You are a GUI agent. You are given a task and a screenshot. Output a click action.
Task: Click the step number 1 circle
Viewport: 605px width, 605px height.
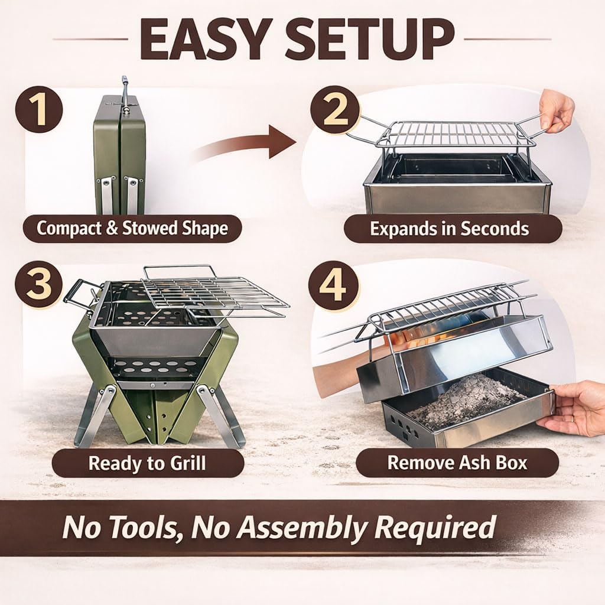[39, 110]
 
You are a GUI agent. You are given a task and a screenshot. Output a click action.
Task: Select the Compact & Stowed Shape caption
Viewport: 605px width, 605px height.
[132, 229]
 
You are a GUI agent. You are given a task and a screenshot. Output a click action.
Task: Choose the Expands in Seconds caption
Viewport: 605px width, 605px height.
[450, 229]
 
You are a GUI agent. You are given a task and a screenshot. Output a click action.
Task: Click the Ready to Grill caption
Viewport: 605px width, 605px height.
[147, 463]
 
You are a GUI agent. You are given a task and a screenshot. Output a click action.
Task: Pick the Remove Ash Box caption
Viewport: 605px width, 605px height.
[457, 463]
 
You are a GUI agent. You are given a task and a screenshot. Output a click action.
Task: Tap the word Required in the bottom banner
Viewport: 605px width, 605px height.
[431, 528]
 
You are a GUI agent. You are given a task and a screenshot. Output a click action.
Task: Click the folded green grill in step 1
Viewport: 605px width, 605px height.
[120, 154]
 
